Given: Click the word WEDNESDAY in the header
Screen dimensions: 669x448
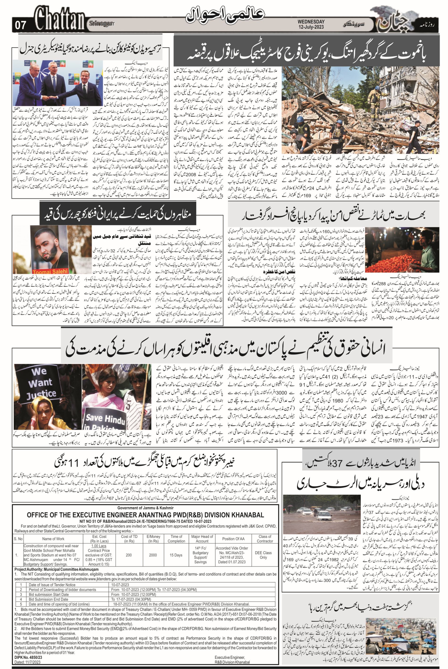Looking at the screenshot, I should [x=311, y=21].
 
